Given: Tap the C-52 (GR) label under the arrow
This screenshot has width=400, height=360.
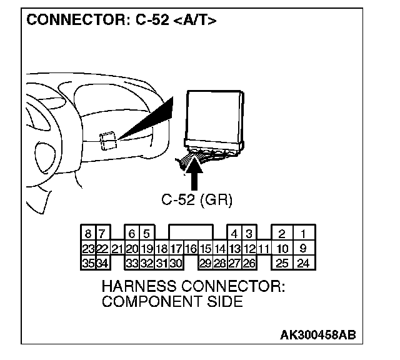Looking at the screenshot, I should [197, 200].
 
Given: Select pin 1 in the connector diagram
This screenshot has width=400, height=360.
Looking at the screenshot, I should [303, 234].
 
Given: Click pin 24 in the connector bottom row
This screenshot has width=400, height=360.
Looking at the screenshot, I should [303, 262].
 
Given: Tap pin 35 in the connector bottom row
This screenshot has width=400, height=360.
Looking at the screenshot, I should [88, 262].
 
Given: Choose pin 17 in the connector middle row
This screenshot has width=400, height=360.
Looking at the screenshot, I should [176, 248].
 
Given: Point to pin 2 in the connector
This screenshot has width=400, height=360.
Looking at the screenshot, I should [282, 234].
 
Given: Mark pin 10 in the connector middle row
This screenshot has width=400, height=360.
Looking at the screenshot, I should [282, 248].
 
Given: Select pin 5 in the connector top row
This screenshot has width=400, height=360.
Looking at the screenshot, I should [146, 234].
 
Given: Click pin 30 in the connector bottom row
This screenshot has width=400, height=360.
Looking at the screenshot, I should [176, 262].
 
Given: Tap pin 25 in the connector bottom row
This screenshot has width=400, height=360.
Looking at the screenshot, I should [282, 262].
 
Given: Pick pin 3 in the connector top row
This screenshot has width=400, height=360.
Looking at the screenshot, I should [249, 234].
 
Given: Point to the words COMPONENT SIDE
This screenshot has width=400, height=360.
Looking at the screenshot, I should [172, 302].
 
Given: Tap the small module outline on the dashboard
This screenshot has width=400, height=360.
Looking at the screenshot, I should [107, 140].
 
